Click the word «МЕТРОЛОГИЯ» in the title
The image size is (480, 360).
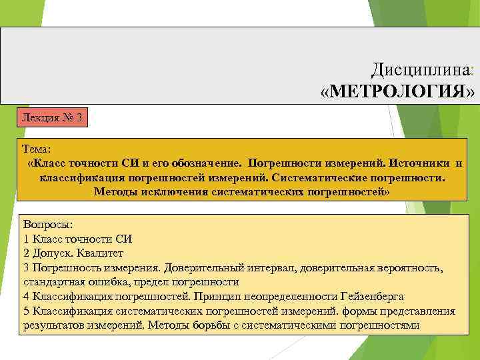point(398,90)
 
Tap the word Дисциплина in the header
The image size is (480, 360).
point(420,69)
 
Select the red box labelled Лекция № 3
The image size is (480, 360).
point(52,118)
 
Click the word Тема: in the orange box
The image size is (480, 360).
point(36,150)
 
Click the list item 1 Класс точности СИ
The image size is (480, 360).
point(78,239)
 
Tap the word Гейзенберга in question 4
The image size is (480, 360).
point(371,296)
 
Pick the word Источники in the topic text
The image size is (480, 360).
point(419,163)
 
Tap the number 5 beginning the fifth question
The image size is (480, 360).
point(25,311)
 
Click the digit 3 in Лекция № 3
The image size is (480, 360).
point(79,118)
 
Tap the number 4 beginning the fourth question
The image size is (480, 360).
point(25,296)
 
